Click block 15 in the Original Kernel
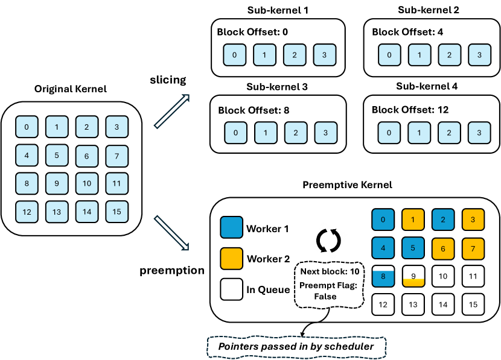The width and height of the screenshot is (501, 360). [116, 212]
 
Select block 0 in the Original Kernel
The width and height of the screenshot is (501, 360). [26, 127]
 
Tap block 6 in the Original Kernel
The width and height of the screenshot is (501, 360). [86, 156]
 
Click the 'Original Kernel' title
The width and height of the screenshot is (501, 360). [71, 89]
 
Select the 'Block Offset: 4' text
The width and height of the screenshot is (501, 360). [407, 32]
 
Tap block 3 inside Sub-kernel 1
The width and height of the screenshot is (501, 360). [324, 55]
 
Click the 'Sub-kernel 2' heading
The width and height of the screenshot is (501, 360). [429, 10]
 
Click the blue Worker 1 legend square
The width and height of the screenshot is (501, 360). [232, 229]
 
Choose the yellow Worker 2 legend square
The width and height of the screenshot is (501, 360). [232, 259]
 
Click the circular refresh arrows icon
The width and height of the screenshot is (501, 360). [329, 239]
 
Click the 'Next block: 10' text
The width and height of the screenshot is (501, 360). [329, 271]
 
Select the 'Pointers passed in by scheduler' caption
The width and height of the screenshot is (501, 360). [295, 347]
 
